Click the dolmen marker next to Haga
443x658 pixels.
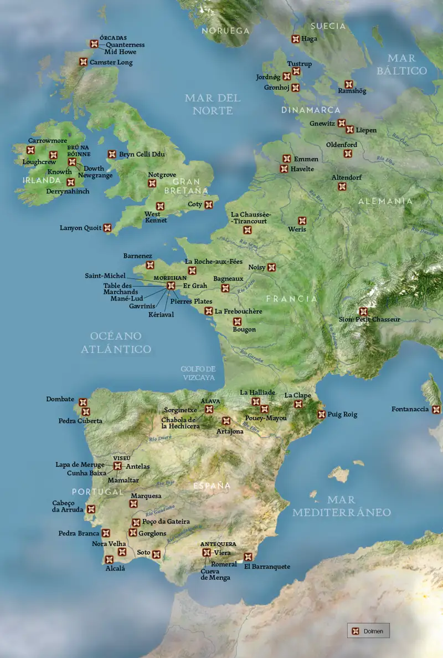[x=295, y=39]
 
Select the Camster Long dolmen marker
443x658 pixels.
[x=84, y=62]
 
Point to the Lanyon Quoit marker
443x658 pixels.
[x=107, y=227]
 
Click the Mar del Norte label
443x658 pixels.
[x=213, y=104]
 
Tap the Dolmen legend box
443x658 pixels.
[x=368, y=631]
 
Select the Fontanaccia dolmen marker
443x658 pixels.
[x=436, y=410]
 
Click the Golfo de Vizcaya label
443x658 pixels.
[x=198, y=373]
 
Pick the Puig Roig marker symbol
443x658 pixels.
[x=321, y=414]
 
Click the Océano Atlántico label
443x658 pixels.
[x=116, y=343]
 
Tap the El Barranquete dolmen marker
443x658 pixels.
[x=248, y=557]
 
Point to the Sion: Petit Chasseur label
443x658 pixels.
[x=369, y=319]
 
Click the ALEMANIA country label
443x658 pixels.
[x=385, y=201]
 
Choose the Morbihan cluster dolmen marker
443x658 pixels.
[x=171, y=285]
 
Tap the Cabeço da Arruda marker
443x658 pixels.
[x=91, y=509]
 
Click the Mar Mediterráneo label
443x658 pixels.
[x=342, y=506]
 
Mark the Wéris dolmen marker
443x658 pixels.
[x=302, y=221]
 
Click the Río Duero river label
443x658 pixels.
[x=160, y=438]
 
